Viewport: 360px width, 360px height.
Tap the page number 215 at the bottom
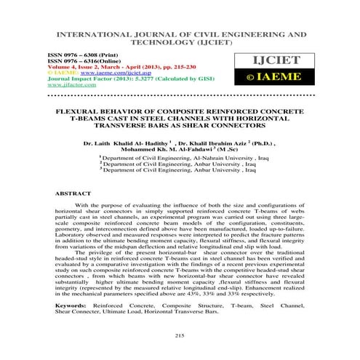tap(180, 334)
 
